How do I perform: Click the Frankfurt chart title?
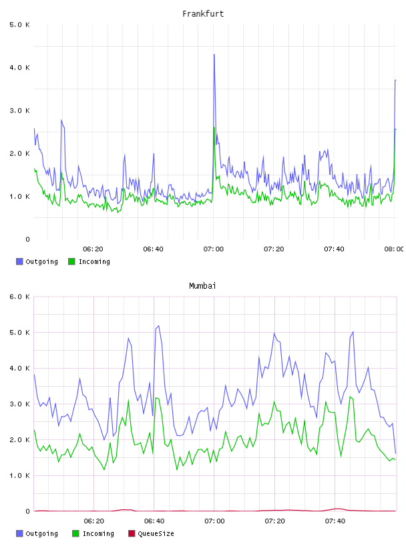[x=203, y=14]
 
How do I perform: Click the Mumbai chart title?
[x=202, y=286]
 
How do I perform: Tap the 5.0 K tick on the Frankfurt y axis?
[x=20, y=25]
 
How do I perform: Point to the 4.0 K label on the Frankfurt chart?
[x=20, y=67]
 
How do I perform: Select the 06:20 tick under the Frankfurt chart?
[x=93, y=249]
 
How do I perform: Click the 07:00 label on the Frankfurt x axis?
[x=214, y=249]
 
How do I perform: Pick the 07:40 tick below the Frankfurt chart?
[x=334, y=249]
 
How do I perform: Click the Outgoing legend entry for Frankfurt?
[x=37, y=261]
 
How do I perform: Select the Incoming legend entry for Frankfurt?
[x=89, y=261]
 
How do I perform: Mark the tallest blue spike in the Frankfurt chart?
[x=214, y=55]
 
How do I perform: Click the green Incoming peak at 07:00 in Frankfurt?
[x=214, y=127]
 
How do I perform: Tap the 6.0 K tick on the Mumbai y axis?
[x=20, y=297]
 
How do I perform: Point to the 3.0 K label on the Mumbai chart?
[x=20, y=404]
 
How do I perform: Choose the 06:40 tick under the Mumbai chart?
[x=154, y=521]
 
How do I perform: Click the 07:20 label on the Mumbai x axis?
[x=274, y=521]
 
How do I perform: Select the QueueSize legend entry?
[x=151, y=533]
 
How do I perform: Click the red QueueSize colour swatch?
[x=132, y=533]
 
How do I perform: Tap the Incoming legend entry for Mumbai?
[x=93, y=533]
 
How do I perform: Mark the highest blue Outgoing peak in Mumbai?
[x=159, y=326]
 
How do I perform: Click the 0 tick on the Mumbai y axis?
[x=28, y=511]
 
